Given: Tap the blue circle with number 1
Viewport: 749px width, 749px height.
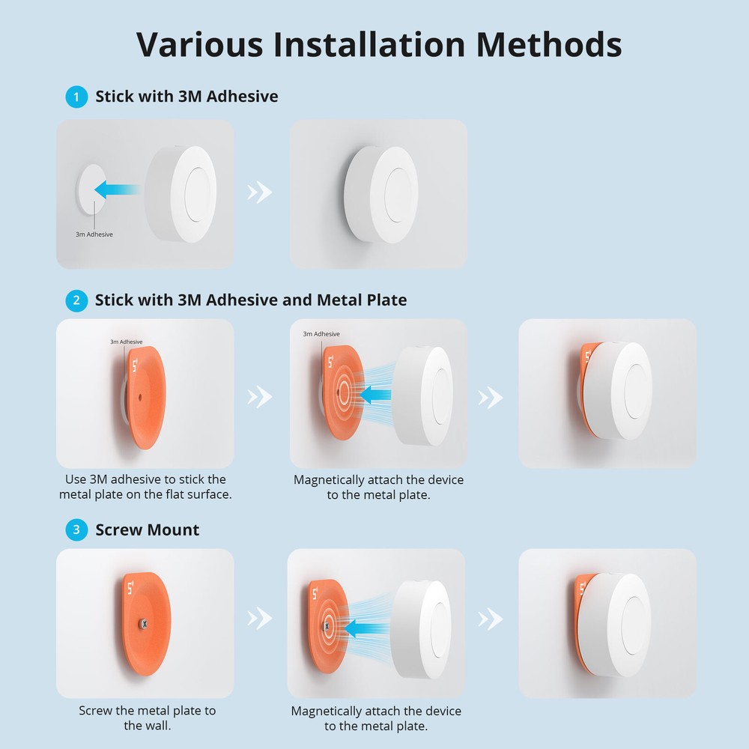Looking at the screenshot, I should tap(76, 97).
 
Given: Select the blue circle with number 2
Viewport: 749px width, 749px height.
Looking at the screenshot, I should tap(76, 301).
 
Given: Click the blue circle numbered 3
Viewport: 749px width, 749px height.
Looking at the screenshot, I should tap(76, 531).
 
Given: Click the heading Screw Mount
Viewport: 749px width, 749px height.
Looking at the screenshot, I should tap(147, 530).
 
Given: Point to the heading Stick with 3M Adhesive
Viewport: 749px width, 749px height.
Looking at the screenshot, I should tap(187, 97).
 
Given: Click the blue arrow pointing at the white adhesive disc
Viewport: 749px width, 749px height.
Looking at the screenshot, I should tap(118, 189).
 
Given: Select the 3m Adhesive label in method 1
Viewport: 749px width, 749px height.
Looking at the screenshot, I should tap(94, 234).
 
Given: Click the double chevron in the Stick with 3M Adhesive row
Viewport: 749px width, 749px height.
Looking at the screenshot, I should tap(260, 192).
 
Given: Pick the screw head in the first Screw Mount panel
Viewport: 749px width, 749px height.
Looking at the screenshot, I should tap(144, 622).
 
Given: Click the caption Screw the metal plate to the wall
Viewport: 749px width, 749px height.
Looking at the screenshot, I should tap(147, 718).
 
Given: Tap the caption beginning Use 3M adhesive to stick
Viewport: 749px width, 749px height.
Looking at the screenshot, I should tap(145, 487).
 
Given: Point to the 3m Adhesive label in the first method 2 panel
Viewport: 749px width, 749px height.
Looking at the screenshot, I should tap(126, 342).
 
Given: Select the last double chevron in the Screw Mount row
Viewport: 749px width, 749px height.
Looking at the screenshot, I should tap(491, 619).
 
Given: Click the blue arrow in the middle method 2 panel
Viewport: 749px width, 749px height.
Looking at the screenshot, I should tap(373, 393).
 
